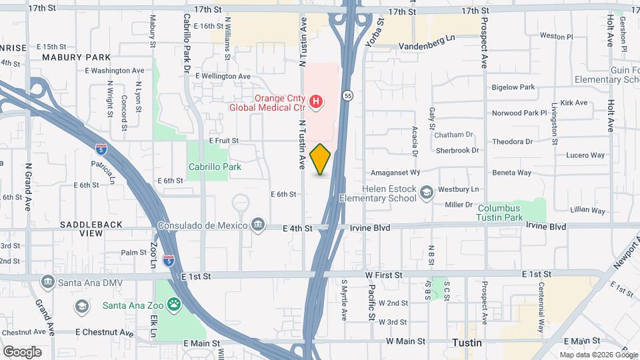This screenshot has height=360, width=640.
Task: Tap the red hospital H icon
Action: pyautogui.click(x=317, y=102)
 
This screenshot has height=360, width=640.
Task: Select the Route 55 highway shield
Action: pyautogui.click(x=348, y=96)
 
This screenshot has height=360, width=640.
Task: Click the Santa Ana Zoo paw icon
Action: pyautogui.click(x=173, y=305)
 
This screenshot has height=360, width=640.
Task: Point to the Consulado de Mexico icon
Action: pyautogui.click(x=258, y=225)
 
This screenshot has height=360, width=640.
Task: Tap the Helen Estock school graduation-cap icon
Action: pyautogui.click(x=425, y=192)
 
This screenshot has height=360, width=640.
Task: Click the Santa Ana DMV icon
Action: pyautogui.click(x=47, y=282)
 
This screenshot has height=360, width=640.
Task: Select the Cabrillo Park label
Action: pyautogui.click(x=215, y=167)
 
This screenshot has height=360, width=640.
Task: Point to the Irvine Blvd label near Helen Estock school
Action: pyautogui.click(x=370, y=227)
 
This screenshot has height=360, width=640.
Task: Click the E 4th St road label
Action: pyautogui.click(x=297, y=228)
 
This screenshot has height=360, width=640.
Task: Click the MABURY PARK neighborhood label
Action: pyautogui.click(x=76, y=57)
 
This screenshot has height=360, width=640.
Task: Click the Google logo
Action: pyautogui.click(x=22, y=352)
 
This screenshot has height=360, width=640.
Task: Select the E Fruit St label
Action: pyautogui.click(x=223, y=141)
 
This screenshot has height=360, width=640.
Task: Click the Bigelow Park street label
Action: pyautogui.click(x=513, y=87)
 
